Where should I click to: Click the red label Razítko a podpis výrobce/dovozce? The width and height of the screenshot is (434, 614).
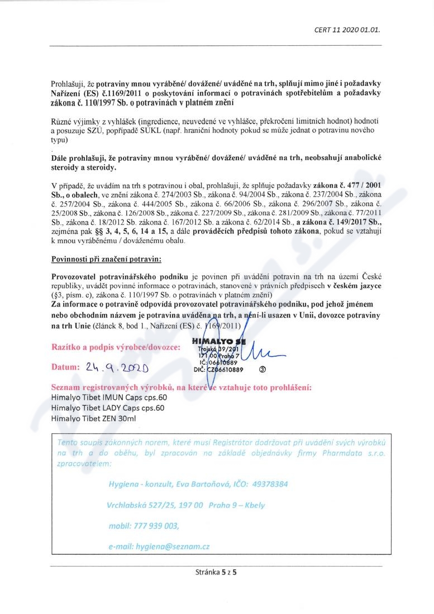pyautogui.click(x=116, y=347)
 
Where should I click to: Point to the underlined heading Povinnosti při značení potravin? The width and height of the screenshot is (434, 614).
pyautogui.click(x=106, y=260)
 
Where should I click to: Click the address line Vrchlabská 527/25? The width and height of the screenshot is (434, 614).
pyautogui.click(x=142, y=505)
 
